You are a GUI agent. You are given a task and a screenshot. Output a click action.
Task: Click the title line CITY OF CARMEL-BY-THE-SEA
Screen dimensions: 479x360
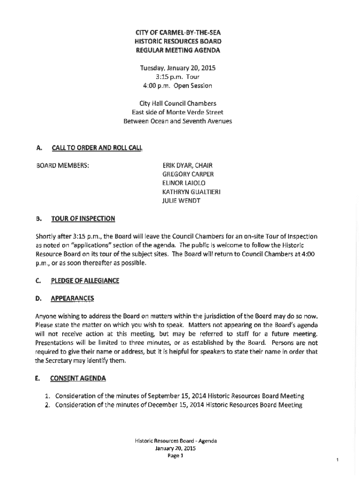[x=177, y=32]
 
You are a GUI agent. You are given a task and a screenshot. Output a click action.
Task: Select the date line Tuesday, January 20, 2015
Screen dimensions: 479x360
[x=177, y=68]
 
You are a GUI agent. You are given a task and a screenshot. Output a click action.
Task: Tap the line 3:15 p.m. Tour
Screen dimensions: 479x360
[x=177, y=77]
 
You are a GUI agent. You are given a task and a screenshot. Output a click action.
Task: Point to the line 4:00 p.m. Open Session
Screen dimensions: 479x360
[x=177, y=86]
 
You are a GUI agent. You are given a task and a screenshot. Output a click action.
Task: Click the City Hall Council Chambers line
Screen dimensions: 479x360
[x=177, y=103]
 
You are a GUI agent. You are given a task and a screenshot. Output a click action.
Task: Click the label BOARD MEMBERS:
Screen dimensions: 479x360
[x=63, y=166]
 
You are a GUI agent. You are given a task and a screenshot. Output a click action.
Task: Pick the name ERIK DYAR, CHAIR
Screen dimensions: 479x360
[x=187, y=166]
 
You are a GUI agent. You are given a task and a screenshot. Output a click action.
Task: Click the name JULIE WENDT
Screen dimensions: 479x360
[x=181, y=201]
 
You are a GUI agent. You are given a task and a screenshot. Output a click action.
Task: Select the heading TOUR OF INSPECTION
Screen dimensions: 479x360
[x=83, y=218]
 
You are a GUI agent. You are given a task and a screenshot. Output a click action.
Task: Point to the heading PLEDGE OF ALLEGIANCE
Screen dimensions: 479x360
[x=85, y=281]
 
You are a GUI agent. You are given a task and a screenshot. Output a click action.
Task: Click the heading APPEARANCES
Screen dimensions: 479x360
[x=72, y=298]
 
